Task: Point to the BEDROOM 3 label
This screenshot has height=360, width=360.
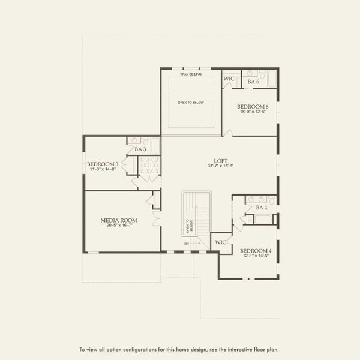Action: (x=103, y=164)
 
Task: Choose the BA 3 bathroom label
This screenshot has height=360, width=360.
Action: (x=140, y=149)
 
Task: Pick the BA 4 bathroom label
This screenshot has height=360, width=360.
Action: (x=262, y=207)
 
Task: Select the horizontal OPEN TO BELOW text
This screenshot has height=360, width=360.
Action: (x=191, y=103)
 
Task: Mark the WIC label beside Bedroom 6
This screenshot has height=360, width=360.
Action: (x=229, y=79)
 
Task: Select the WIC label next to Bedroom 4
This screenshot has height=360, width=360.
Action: (x=220, y=242)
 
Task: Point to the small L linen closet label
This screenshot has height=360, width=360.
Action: (x=250, y=220)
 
